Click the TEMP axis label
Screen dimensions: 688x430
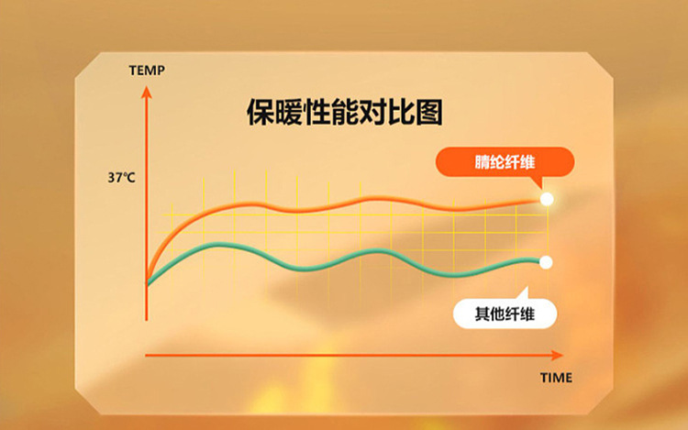147,70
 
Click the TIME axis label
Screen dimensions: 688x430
557,378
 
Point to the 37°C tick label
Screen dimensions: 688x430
121,178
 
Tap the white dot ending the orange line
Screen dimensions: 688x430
547,200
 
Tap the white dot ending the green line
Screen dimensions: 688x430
546,262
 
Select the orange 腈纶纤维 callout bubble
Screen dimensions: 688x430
505,162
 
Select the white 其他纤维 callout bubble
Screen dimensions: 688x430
505,314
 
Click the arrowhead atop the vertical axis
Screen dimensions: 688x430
147,93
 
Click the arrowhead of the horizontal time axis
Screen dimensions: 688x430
557,356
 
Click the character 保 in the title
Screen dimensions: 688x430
261,112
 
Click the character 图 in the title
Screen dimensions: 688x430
428,112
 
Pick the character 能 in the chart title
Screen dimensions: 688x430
345,112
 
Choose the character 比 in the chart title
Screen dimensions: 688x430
401,112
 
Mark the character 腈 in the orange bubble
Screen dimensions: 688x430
483,162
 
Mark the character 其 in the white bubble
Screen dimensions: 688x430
483,314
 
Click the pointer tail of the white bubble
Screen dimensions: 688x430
523,293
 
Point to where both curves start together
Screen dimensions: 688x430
147,281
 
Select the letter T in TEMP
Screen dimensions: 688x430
133,70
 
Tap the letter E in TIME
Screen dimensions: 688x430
569,378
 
